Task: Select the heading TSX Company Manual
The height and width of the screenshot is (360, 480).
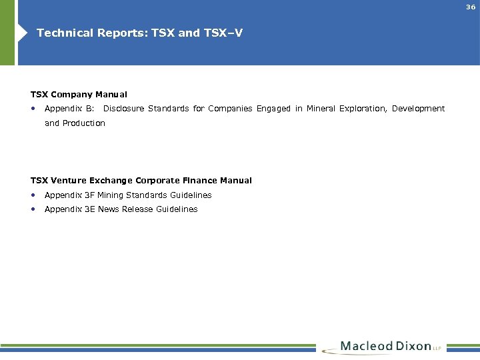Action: pyautogui.click(x=79, y=95)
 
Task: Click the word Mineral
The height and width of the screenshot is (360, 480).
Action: pyautogui.click(x=321, y=109)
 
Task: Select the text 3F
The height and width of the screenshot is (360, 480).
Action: pyautogui.click(x=89, y=195)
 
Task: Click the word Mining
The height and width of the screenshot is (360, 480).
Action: pyautogui.click(x=111, y=195)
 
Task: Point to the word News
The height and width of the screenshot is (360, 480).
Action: pyautogui.click(x=108, y=209)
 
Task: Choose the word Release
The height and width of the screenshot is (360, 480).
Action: pyautogui.click(x=137, y=209)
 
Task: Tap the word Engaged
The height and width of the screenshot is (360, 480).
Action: pyautogui.click(x=273, y=109)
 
